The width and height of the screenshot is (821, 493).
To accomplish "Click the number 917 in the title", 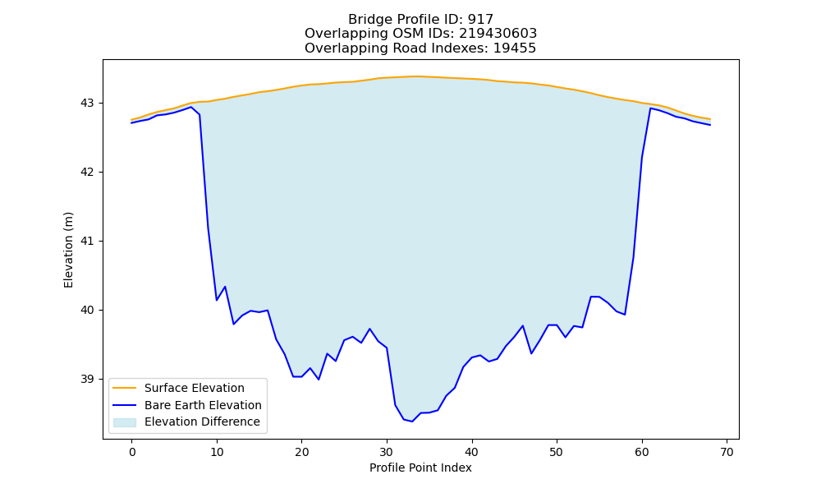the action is pos(480,20).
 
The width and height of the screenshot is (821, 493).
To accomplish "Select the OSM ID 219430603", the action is pos(498,34).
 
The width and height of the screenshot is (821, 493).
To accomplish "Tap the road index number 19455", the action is pos(515,48).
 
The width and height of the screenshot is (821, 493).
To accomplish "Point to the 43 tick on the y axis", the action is pos(86,104).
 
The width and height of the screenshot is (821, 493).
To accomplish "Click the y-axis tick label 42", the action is pos(86,173).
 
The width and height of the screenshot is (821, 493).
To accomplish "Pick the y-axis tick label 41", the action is pos(86,242).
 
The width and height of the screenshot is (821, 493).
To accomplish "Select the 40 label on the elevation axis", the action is pos(86,310).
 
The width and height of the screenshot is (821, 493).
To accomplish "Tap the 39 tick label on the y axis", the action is pos(86,380).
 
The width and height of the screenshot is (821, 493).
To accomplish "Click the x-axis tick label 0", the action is pos(132,452).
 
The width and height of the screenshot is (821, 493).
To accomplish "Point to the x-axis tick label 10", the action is pos(217,452).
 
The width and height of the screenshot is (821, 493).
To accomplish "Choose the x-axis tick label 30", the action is pos(387,452).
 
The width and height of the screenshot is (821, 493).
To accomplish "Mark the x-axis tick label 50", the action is pos(557,452).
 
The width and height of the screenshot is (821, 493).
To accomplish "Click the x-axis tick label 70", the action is pos(727,452).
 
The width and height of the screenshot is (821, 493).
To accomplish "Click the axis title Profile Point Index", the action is pos(420,468).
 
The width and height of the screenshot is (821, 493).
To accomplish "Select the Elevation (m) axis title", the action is pos(69,250).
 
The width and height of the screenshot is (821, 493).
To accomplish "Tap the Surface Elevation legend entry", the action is pos(195,388).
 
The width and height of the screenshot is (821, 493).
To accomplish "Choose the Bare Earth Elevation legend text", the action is pos(203,405).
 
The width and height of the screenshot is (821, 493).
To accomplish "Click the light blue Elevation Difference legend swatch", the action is pos(125,422).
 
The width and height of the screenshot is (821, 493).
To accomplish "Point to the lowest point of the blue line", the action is pos(412,422).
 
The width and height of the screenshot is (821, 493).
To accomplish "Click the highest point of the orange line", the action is pos(415,76).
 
